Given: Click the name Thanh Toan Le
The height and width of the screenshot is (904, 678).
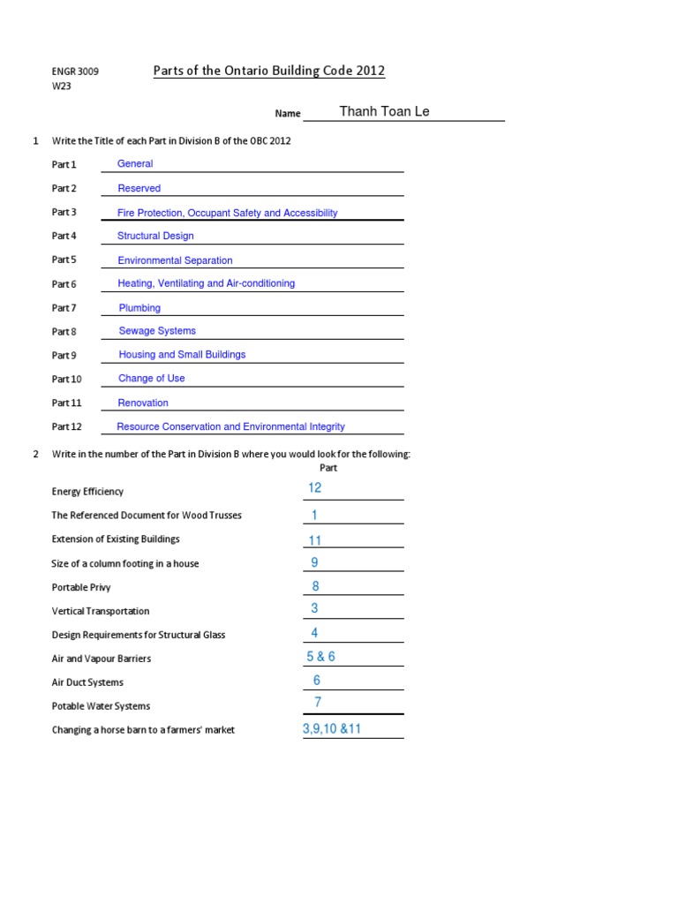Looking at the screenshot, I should [384, 111].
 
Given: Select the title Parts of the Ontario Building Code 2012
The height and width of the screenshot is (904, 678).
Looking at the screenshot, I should [269, 72].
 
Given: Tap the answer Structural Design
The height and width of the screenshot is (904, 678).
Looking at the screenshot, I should [155, 236].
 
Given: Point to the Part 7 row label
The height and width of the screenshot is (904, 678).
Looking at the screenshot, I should [64, 308].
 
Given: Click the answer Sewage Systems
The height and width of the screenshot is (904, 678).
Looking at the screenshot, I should [157, 331].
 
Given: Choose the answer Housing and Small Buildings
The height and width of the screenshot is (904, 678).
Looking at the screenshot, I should [182, 355].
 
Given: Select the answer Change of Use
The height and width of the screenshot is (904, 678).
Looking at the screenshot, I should [152, 379].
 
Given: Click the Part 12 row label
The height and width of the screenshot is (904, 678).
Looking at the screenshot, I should [67, 426].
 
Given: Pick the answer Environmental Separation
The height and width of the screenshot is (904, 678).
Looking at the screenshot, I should [175, 260].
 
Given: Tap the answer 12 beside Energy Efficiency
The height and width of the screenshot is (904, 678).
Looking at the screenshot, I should [315, 489].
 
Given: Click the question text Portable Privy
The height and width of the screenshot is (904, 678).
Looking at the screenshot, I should [81, 587].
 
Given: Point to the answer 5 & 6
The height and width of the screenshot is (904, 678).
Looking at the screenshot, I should [320, 657].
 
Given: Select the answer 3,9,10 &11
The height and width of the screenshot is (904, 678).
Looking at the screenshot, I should [332, 729].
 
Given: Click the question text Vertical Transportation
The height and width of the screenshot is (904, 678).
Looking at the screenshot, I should [101, 611].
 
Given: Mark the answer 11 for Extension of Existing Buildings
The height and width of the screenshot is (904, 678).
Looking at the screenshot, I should [315, 540].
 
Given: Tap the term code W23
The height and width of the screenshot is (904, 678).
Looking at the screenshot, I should [61, 87].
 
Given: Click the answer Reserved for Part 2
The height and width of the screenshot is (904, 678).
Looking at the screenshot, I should [139, 188].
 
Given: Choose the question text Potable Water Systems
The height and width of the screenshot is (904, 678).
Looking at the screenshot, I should [101, 706].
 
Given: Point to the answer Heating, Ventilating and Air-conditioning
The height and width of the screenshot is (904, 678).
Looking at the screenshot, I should [207, 283].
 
